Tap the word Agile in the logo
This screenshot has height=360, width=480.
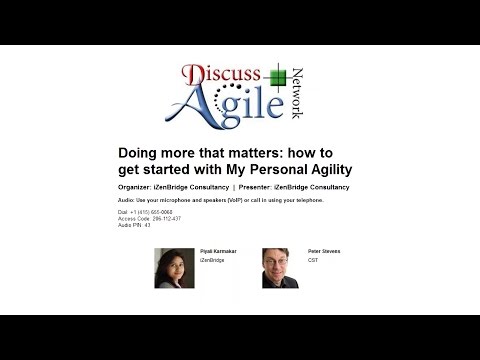[221, 107]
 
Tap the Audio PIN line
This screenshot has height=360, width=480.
[135, 224]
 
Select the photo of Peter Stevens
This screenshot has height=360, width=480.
[281, 268]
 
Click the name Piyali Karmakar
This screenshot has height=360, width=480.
[221, 252]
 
